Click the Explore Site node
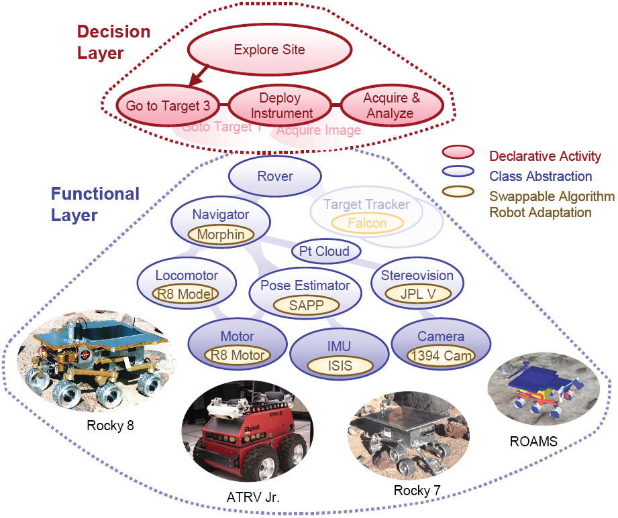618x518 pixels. point(269,50)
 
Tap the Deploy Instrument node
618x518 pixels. point(281,106)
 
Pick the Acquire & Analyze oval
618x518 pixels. point(391,106)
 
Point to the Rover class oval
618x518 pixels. point(274,177)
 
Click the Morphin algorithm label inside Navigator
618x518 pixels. point(220,235)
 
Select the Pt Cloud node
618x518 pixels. point(325,252)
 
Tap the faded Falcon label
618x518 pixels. point(366,223)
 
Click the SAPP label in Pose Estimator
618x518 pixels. point(307,305)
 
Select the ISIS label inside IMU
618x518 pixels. point(339,366)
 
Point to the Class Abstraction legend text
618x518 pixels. point(540,177)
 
